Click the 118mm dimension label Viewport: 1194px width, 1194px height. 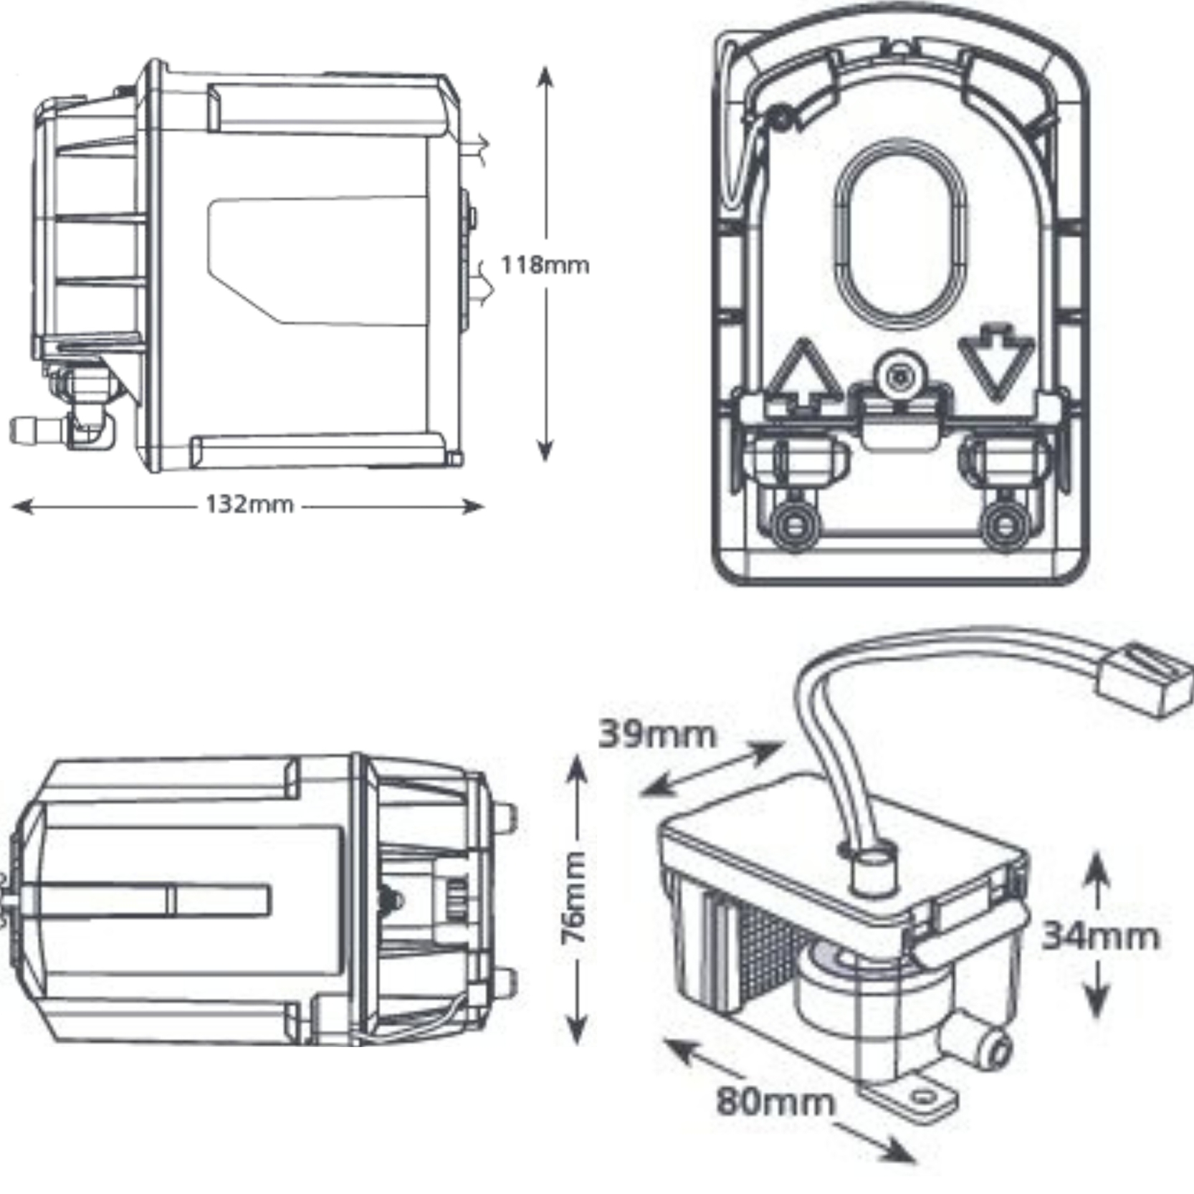544,265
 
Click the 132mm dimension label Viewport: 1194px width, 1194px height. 249,505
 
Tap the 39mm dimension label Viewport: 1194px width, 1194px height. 656,735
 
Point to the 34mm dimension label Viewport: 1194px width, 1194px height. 1099,936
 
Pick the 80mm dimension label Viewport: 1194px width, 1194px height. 775,1101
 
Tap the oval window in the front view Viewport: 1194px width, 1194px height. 900,234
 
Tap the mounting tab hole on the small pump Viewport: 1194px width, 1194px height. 925,1097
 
